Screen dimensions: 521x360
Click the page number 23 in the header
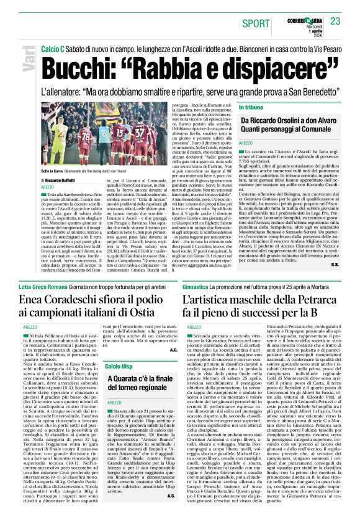(336, 21)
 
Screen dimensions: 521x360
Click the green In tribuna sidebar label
(256, 108)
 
